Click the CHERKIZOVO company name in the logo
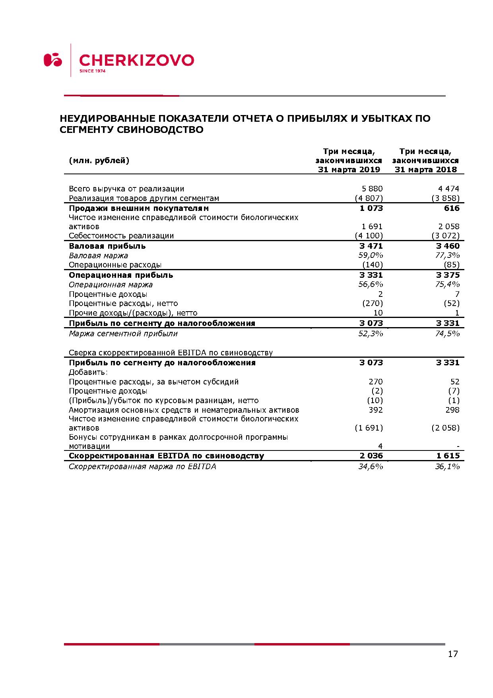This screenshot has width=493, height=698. point(136,60)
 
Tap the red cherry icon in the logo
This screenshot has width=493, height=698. point(52,60)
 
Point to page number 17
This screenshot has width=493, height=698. point(453,654)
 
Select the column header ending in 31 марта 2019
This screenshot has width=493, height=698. point(349,160)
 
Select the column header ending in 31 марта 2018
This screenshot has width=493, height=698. point(425,160)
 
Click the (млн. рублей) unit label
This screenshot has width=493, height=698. point(99,160)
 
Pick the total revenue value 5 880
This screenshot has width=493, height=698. point(372,189)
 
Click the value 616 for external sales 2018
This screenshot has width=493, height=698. point(452,208)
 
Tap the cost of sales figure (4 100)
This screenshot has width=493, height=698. point(369,236)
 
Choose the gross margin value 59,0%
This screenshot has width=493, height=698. point(371,255)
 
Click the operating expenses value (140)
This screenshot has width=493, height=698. point(372,265)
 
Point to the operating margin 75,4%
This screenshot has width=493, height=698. point(447,284)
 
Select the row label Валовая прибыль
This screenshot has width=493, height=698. point(107,246)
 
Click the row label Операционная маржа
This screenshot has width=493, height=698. point(111,285)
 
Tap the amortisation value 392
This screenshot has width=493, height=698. point(375,410)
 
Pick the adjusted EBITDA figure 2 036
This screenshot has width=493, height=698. point(371,456)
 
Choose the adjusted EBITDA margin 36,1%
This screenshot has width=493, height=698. point(447,466)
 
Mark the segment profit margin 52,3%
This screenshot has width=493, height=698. point(371,333)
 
